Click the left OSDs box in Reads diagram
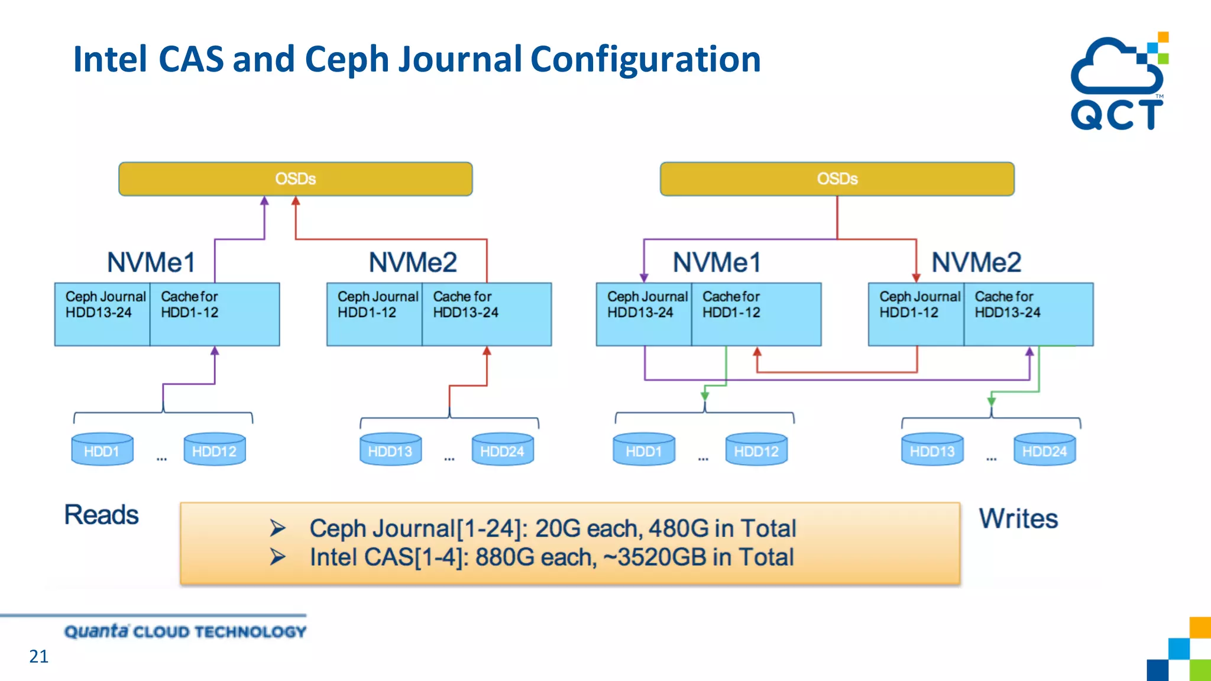pos(295,179)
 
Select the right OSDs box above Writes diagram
pos(837,179)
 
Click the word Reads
pos(101,515)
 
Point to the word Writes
pos(1018,518)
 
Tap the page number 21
pos(38,656)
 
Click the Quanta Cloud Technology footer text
pos(185,631)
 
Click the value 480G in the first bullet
pos(678,528)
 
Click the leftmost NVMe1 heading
pos(151,262)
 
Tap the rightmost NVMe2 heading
pos(976,262)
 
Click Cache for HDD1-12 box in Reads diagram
pos(214,314)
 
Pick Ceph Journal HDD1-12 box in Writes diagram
pos(916,314)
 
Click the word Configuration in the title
pos(645,59)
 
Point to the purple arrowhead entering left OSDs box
pos(264,201)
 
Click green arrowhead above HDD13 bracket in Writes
pos(992,401)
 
